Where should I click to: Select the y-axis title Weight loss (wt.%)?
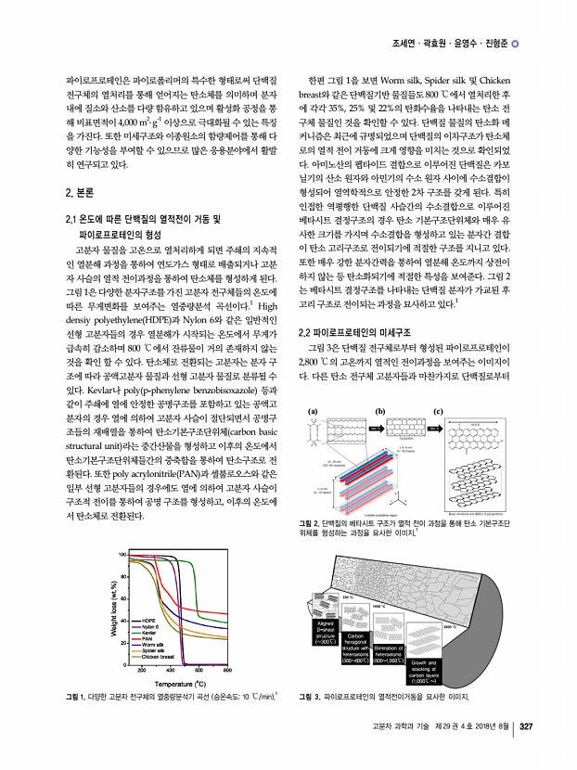tap(114, 610)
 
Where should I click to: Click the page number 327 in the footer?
tap(525, 751)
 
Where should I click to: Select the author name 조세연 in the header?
tap(406, 44)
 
